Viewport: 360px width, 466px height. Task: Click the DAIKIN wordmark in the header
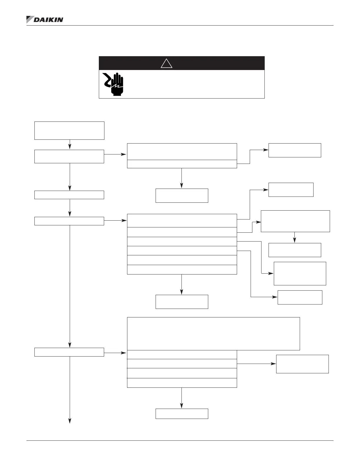pos(49,20)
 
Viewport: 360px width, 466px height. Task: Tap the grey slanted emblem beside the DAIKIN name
pos(30,19)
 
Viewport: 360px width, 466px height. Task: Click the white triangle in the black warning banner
pos(166,63)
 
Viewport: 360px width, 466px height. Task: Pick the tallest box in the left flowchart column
pos(69,130)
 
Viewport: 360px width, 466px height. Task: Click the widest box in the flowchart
pos(213,334)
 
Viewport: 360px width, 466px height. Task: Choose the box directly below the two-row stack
pos(182,196)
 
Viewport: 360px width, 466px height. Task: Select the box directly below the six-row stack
pos(182,302)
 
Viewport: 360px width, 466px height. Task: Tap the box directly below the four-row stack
pos(182,414)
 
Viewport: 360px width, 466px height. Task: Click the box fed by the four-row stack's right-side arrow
pos(302,364)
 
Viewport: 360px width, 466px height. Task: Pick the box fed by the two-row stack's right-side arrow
pos(295,150)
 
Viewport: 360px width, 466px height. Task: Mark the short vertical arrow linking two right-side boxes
pos(294,238)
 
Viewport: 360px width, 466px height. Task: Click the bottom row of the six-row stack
pos(182,270)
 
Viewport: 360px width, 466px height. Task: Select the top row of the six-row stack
pos(182,221)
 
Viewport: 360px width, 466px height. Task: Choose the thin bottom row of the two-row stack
pos(182,164)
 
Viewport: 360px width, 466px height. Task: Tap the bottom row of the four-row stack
pos(182,383)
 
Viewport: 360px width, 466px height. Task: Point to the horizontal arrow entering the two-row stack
pos(115,154)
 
